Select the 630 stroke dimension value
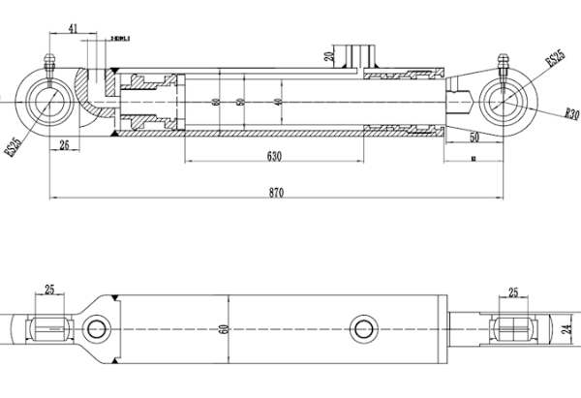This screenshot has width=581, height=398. (x=274, y=155)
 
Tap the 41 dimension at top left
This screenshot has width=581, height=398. (x=74, y=30)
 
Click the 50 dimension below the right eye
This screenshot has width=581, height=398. (x=474, y=138)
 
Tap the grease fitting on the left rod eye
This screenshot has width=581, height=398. (x=50, y=65)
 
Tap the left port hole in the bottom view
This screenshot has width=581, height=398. (x=96, y=328)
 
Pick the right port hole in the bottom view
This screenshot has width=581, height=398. (x=364, y=327)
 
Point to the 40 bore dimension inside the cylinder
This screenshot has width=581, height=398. (x=278, y=102)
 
